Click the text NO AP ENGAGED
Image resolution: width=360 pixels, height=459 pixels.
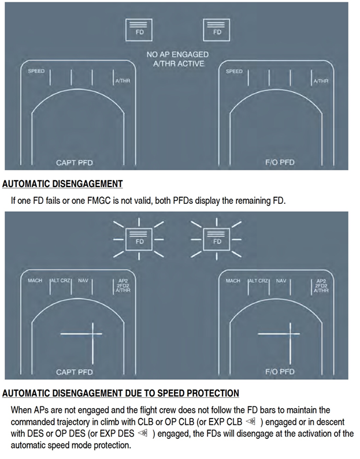(177, 55)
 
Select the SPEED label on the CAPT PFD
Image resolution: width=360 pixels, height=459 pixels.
(36, 72)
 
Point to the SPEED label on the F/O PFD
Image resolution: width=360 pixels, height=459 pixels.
(234, 72)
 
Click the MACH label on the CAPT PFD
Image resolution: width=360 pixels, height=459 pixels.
(35, 281)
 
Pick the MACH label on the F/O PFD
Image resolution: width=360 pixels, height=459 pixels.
(233, 281)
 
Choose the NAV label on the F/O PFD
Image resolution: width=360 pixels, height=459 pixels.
(281, 281)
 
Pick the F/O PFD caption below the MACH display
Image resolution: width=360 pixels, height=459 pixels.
(280, 372)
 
